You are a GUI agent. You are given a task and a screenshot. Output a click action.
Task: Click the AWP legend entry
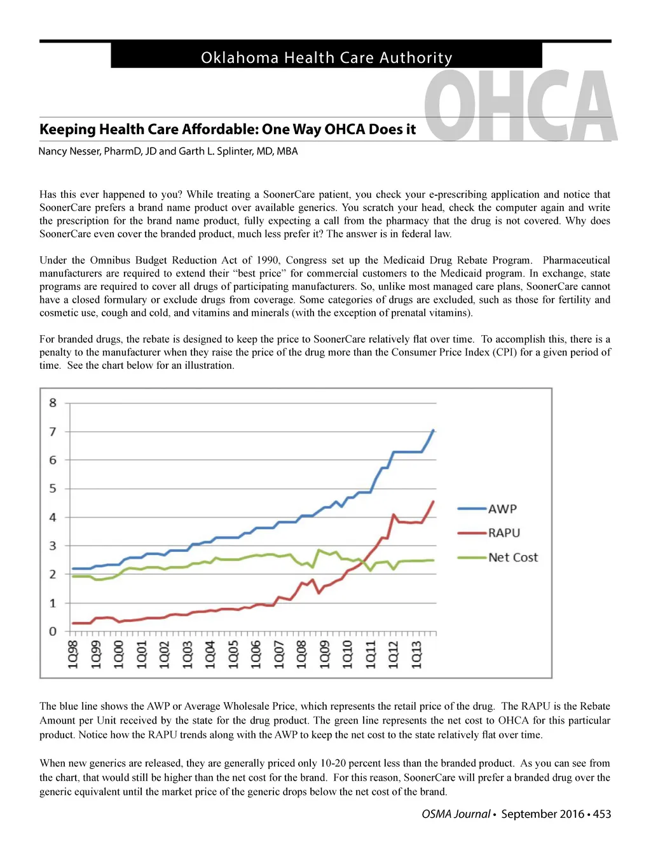click(x=502, y=509)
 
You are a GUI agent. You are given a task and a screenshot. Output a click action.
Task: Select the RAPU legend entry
click(x=504, y=533)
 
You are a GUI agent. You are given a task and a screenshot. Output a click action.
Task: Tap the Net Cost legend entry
click(x=512, y=557)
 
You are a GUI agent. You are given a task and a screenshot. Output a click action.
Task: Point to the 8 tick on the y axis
click(x=53, y=403)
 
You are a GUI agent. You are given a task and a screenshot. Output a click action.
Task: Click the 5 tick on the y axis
click(x=53, y=488)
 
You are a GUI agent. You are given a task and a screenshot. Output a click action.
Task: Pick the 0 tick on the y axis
click(x=53, y=631)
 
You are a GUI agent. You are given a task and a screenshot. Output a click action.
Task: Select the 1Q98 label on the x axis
click(x=73, y=654)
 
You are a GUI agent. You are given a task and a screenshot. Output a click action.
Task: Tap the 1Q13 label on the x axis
click(x=416, y=654)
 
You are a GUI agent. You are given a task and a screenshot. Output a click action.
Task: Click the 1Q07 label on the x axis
click(x=279, y=654)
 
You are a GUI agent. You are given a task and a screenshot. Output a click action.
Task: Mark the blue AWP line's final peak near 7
click(x=434, y=431)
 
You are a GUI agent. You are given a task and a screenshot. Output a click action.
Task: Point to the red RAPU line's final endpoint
click(x=434, y=502)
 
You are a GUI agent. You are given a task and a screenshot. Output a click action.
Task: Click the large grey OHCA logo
click(x=520, y=106)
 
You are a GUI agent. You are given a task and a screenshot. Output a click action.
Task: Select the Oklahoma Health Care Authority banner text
click(x=326, y=58)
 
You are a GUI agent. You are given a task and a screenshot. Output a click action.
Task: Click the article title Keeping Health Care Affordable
click(x=228, y=129)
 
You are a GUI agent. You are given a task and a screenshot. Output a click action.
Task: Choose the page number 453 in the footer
click(x=602, y=814)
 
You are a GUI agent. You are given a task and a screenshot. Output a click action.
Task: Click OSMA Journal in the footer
click(x=456, y=814)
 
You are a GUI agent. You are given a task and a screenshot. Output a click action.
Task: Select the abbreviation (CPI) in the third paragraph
click(x=505, y=352)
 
